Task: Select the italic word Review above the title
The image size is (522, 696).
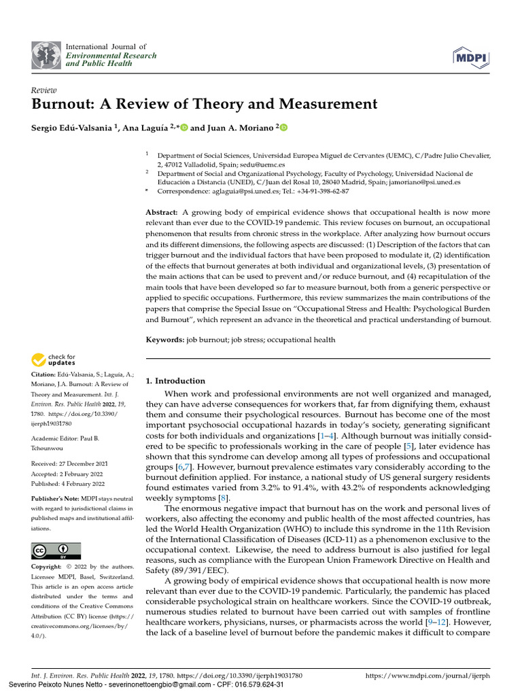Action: (x=44, y=90)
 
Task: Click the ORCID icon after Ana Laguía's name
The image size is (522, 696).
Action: (x=184, y=127)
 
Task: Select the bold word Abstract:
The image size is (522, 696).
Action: (x=162, y=213)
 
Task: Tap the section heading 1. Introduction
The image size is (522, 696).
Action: (x=175, y=381)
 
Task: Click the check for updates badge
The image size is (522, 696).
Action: (x=52, y=360)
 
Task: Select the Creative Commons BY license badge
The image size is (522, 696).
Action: (x=56, y=551)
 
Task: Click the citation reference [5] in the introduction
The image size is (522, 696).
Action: (x=408, y=445)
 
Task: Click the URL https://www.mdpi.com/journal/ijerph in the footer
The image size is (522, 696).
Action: (x=427, y=676)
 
